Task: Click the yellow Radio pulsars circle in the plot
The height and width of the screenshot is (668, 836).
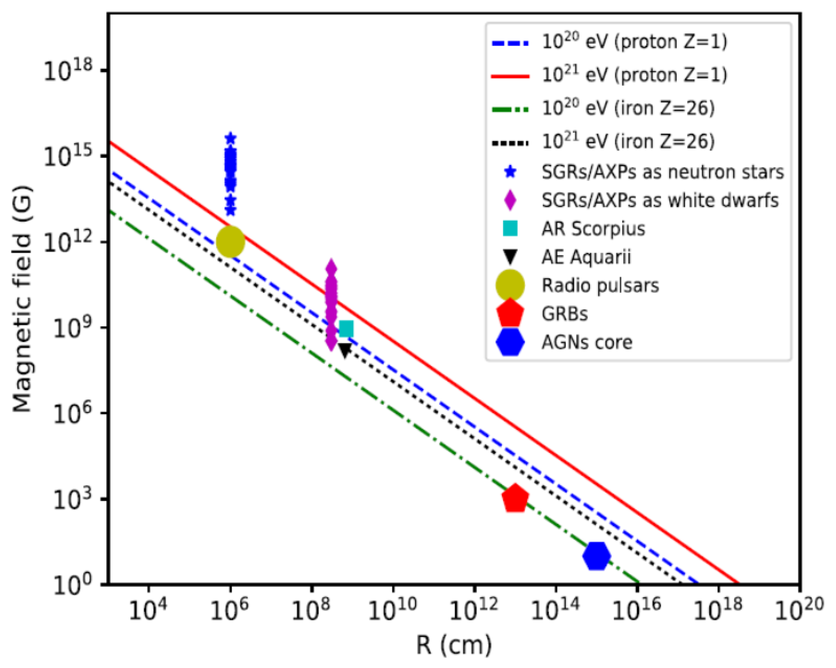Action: [230, 241]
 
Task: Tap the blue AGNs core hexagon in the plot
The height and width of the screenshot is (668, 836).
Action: [596, 556]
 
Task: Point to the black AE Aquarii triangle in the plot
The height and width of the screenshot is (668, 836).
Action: [345, 350]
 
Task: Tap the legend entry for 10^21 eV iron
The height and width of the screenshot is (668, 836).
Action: [628, 141]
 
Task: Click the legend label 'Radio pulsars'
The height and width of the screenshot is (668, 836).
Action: [600, 286]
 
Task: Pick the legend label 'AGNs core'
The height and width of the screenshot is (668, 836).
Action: [587, 342]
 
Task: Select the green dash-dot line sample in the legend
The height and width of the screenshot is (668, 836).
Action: [510, 110]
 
